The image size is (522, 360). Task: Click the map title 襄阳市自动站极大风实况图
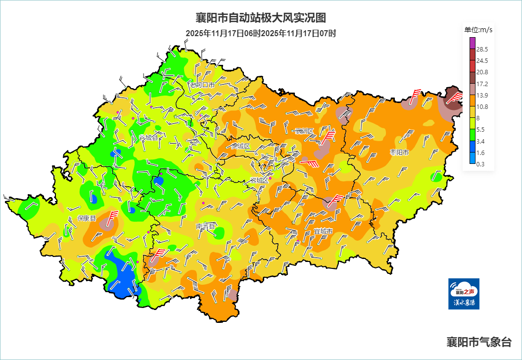(x=261, y=18)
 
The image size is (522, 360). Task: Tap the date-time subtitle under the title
(x=261, y=34)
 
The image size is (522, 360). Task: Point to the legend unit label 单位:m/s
(x=478, y=30)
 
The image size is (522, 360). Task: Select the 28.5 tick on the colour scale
(x=482, y=49)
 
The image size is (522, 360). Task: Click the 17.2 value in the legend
(x=482, y=84)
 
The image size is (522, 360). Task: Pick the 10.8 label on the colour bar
(x=482, y=106)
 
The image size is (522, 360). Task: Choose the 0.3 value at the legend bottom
(x=480, y=164)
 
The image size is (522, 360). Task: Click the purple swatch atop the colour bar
(x=472, y=43)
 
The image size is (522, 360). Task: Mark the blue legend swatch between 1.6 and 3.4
(x=472, y=147)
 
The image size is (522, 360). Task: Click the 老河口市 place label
(x=202, y=85)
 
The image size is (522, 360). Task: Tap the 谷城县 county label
(x=148, y=137)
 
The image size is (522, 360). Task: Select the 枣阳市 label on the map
(x=399, y=152)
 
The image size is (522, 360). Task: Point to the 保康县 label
(x=87, y=218)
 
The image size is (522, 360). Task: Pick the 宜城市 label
(x=323, y=231)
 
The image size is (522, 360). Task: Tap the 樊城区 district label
(x=241, y=146)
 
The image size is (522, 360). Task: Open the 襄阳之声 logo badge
(x=464, y=294)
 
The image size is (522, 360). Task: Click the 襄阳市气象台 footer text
(x=478, y=342)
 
